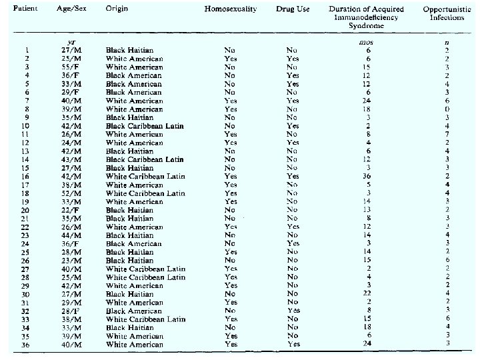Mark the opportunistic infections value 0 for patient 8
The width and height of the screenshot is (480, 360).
[447, 109]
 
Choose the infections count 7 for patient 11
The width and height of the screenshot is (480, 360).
[447, 134]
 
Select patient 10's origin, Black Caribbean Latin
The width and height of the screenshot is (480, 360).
[145, 126]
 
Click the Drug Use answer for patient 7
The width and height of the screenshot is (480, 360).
[293, 101]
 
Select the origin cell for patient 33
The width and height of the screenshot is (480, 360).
[145, 319]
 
